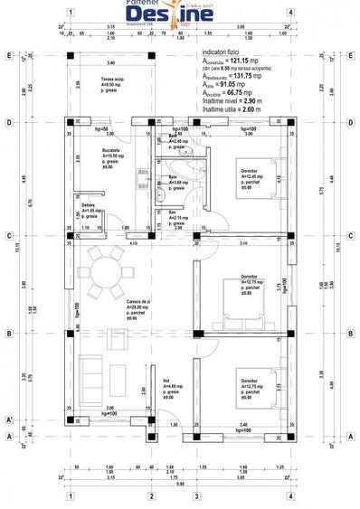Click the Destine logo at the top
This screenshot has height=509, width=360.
(182, 15)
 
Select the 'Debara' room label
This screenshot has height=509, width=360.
(88, 207)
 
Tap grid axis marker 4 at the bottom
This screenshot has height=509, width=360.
(289, 495)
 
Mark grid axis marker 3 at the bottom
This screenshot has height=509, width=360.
(196, 495)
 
